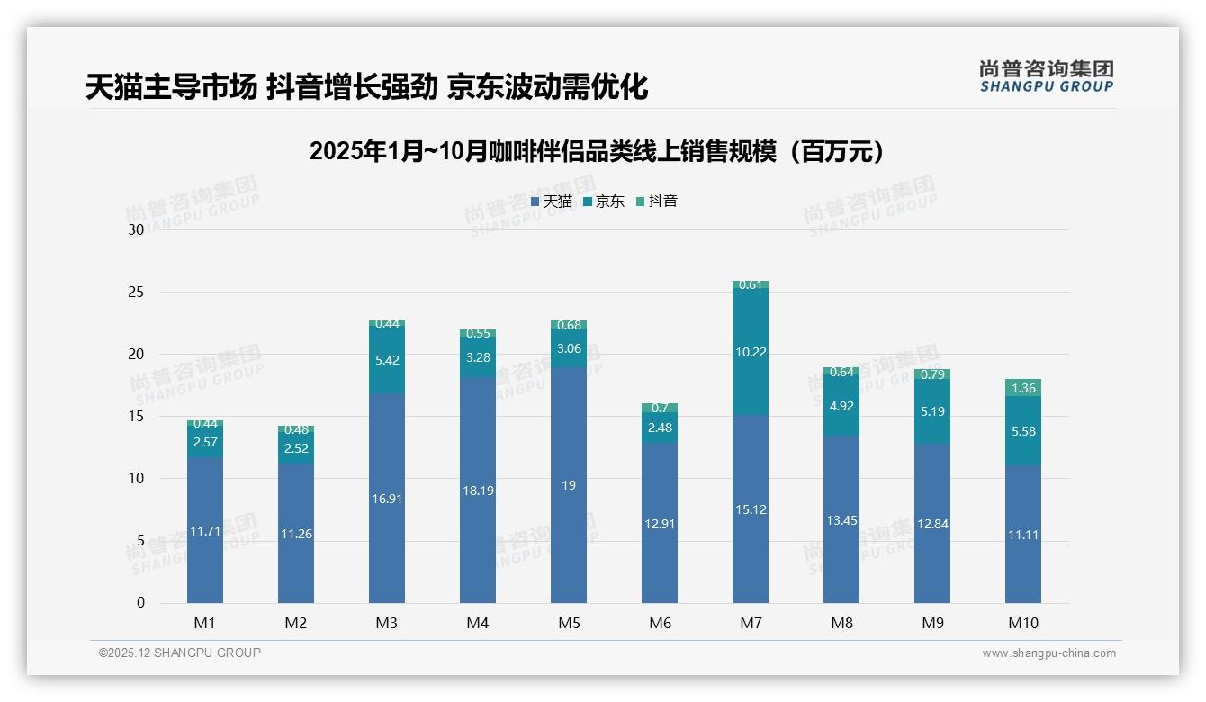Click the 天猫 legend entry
(x=552, y=202)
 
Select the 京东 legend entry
(x=604, y=202)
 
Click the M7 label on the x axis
(x=751, y=623)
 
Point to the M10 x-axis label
(x=1023, y=623)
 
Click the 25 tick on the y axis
(x=136, y=292)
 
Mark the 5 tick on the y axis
(x=139, y=541)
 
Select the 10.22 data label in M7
(x=751, y=352)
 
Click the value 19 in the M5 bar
(x=568, y=485)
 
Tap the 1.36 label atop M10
(x=1023, y=389)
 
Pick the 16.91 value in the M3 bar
(x=387, y=498)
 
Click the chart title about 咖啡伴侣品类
(x=597, y=151)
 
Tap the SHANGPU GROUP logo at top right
(x=1047, y=76)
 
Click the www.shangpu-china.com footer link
(x=1048, y=653)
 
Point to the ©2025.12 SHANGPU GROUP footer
(x=180, y=653)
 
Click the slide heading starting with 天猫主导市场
(x=366, y=87)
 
